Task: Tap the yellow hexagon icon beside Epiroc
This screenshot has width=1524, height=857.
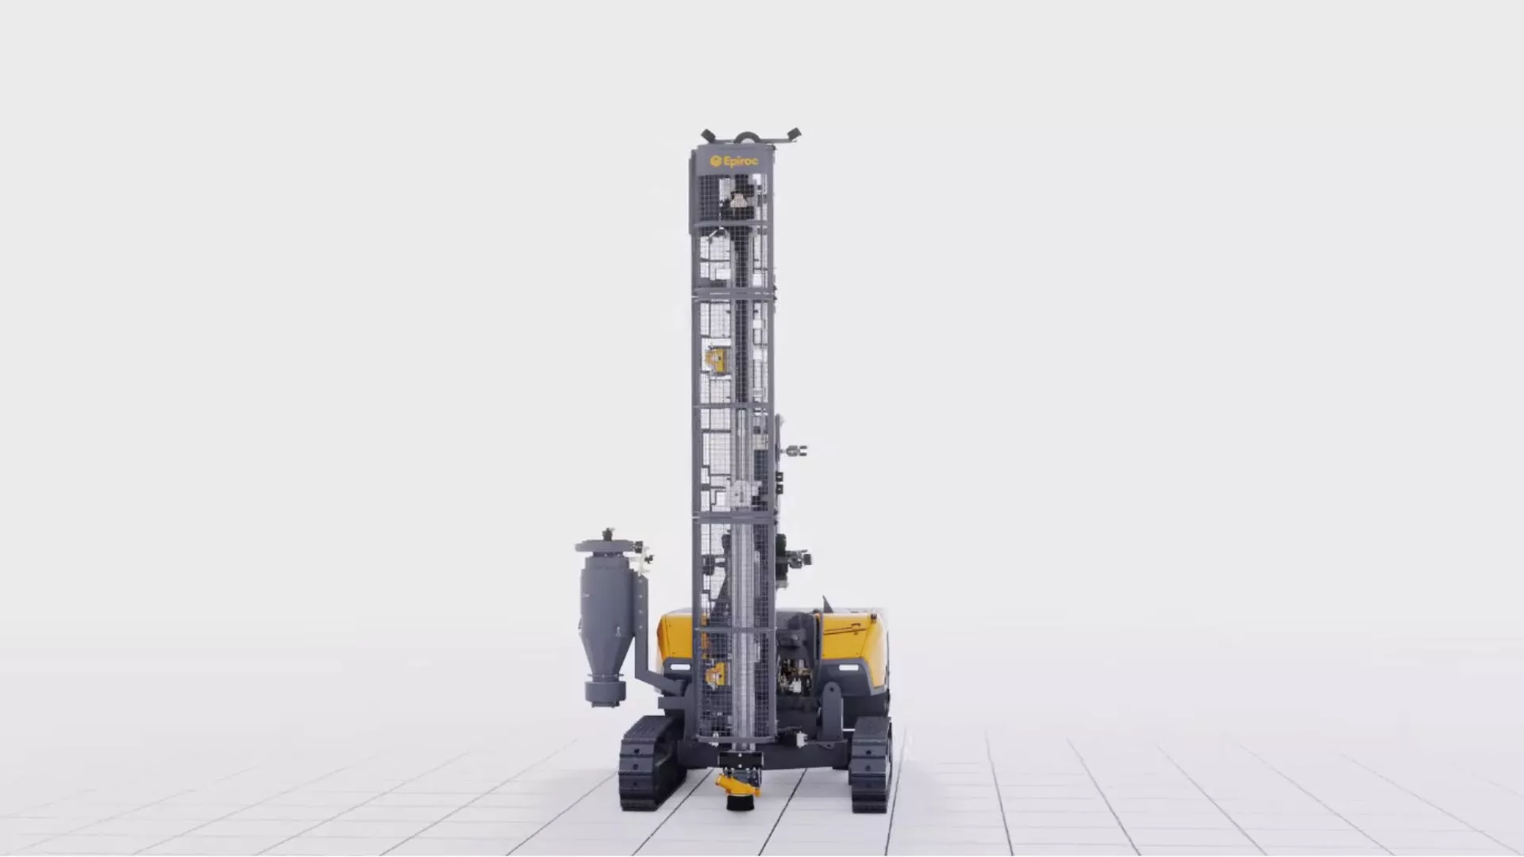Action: pos(715,161)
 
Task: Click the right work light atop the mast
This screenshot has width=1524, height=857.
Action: pos(791,135)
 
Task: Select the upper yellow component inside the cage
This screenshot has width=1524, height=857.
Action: pos(718,359)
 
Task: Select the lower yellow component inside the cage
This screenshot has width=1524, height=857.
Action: pos(716,674)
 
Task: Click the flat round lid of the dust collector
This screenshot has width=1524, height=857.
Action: pos(607,546)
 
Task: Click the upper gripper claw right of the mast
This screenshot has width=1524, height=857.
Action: pos(796,452)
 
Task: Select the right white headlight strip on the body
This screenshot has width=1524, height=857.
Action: pos(848,668)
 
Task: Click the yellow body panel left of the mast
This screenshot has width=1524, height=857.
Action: pos(675,635)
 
